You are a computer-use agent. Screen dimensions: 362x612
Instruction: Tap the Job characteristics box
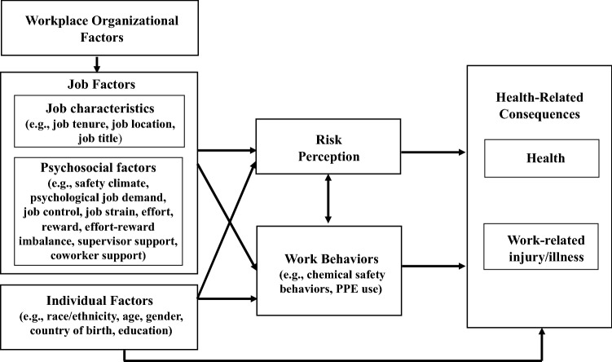(99, 122)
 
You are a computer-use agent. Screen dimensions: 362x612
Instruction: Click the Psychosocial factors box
(99, 210)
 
